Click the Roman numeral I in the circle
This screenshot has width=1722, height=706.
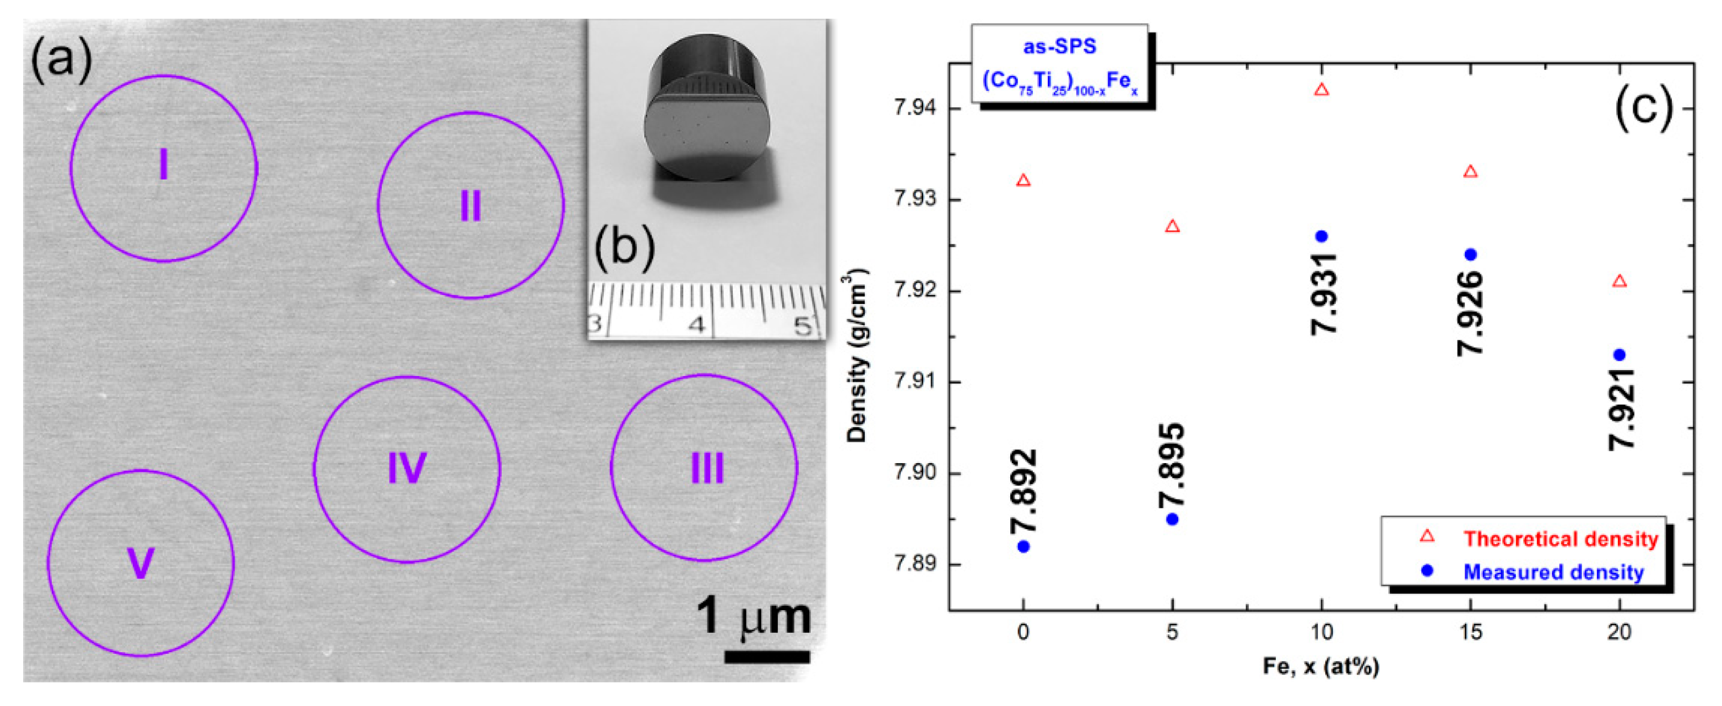163,165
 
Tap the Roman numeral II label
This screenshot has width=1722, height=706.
470,205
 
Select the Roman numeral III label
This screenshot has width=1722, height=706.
707,468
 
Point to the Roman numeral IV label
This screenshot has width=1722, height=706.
407,468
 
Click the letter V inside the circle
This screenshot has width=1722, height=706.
140,563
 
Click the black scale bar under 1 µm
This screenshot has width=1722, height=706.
767,656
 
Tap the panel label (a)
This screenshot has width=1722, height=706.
62,60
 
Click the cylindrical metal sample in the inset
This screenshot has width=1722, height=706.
707,110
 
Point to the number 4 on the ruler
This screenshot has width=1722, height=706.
697,325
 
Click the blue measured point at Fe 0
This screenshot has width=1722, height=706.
1023,546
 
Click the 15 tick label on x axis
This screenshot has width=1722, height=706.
1470,632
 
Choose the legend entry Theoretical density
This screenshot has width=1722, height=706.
1560,539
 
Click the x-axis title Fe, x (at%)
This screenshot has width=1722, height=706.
1321,666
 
